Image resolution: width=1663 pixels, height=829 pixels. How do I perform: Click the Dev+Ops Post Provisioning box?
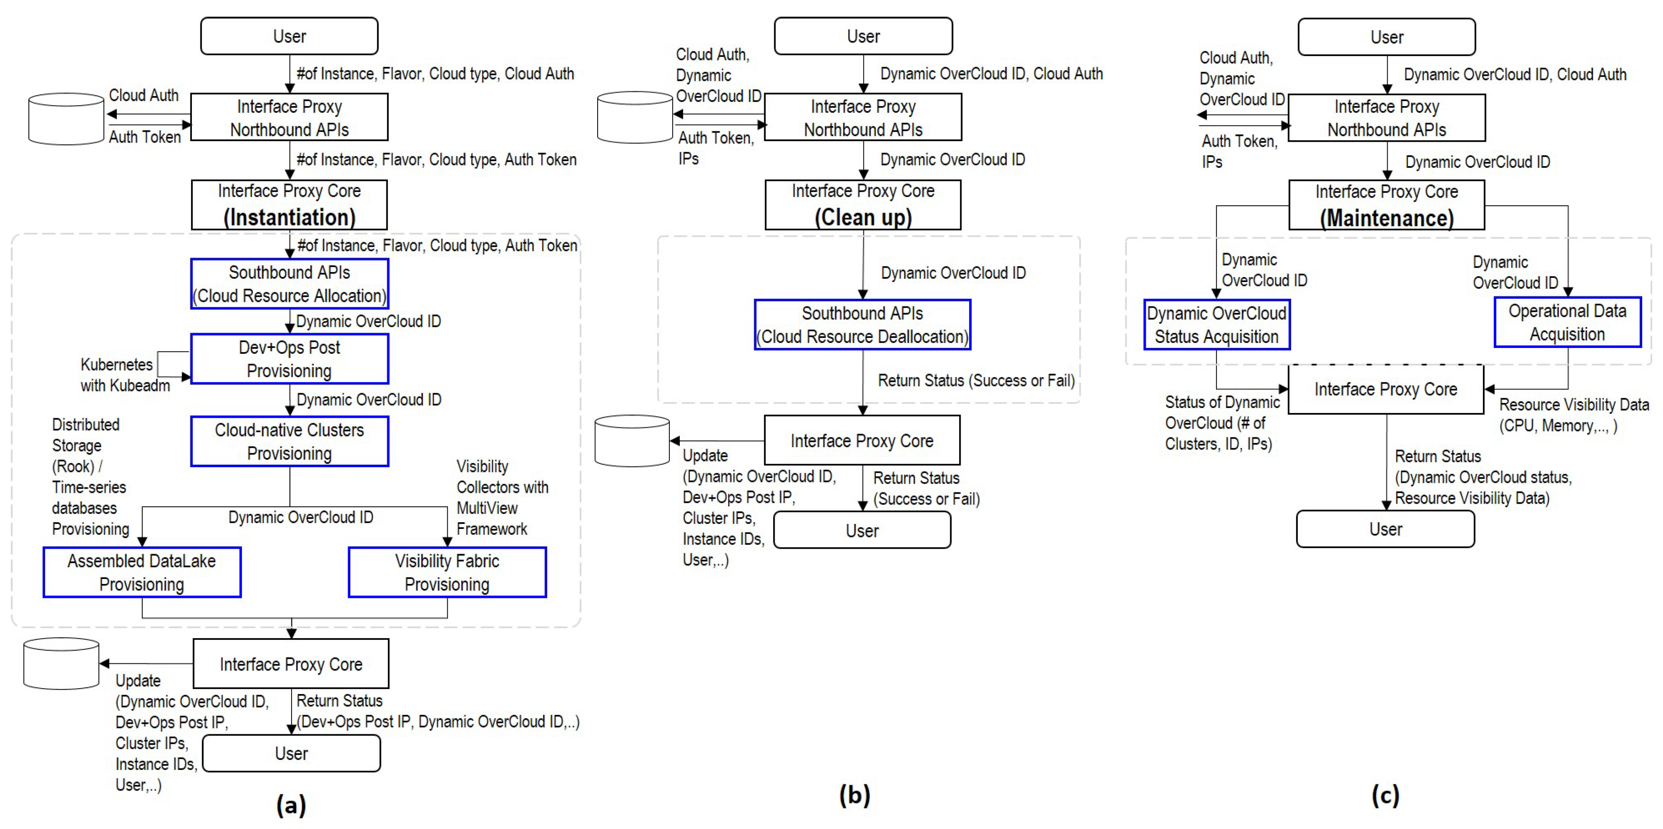pyautogui.click(x=289, y=359)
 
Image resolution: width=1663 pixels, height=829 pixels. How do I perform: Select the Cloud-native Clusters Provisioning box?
pyautogui.click(x=289, y=441)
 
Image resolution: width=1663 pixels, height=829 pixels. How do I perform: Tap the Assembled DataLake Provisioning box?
pyautogui.click(x=142, y=572)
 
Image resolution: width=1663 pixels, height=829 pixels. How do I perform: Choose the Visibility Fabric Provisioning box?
pyautogui.click(x=447, y=572)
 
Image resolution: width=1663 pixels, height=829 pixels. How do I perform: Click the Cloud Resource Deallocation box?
pyautogui.click(x=863, y=324)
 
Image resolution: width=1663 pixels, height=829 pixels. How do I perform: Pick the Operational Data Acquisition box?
pyautogui.click(x=1567, y=322)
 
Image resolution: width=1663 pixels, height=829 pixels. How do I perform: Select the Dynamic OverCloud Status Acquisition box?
pyautogui.click(x=1217, y=324)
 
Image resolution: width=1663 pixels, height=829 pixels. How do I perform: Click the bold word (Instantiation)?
pyautogui.click(x=290, y=218)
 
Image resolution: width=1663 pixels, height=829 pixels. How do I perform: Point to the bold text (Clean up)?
pyautogui.click(x=863, y=218)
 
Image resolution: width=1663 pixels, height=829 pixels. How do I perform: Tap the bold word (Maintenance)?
pyautogui.click(x=1387, y=218)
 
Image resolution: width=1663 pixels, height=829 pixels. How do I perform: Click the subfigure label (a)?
pyautogui.click(x=291, y=805)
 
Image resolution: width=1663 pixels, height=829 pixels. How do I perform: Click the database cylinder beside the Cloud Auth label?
pyautogui.click(x=66, y=119)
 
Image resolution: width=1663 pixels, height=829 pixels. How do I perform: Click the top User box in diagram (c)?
pyautogui.click(x=1387, y=37)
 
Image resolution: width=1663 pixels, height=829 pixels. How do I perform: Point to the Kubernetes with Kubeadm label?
pyautogui.click(x=125, y=375)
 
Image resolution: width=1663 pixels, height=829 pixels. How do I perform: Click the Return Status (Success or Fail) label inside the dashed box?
pyautogui.click(x=976, y=380)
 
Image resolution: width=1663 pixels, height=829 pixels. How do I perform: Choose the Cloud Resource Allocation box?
pyautogui.click(x=289, y=284)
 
